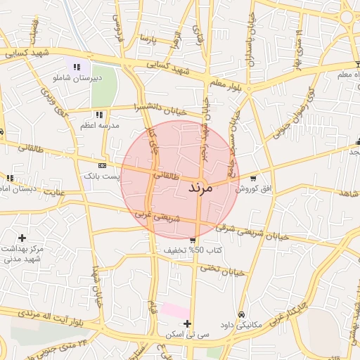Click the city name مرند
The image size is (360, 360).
(205, 188)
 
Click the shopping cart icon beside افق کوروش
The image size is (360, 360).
(252, 178)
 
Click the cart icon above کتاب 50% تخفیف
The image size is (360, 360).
(193, 240)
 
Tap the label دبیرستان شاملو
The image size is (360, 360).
(79, 78)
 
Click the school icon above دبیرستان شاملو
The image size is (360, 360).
(76, 67)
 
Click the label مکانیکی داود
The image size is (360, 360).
(241, 325)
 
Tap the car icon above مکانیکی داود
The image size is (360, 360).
(242, 314)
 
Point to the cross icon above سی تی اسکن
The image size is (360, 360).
(187, 323)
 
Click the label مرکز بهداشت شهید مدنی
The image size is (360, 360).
(22, 254)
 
